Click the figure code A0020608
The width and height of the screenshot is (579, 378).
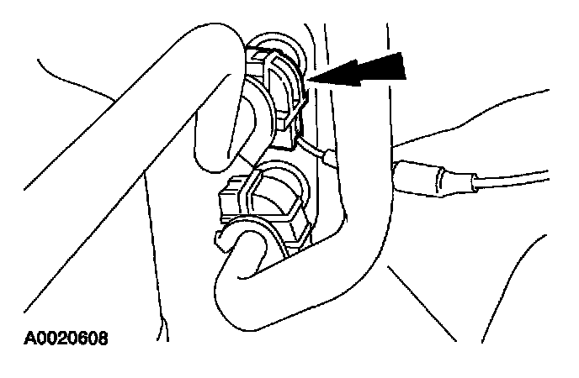66,339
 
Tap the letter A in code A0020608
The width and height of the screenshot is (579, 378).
30,339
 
